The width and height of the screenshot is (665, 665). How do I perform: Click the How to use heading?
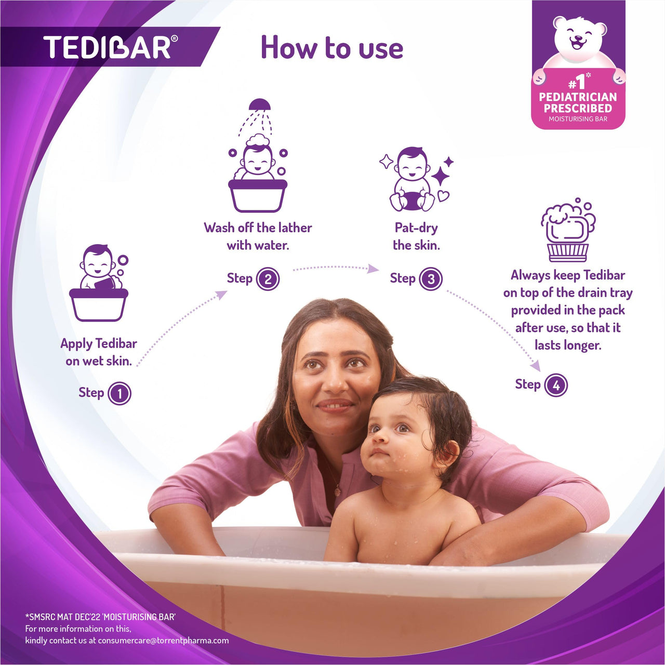[331, 48]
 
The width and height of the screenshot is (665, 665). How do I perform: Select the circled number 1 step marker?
[119, 393]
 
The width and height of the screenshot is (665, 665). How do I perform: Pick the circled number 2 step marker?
[268, 279]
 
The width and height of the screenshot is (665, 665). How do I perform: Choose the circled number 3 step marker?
[431, 279]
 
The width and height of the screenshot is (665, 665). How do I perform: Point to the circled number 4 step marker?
[556, 385]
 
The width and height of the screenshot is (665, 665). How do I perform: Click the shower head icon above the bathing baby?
[259, 105]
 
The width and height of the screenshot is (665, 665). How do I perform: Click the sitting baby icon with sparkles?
[412, 179]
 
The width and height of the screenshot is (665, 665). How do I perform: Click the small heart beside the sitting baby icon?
[443, 196]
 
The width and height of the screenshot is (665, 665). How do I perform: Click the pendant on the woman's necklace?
[337, 490]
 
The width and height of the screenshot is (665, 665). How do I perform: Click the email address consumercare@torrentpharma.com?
[163, 641]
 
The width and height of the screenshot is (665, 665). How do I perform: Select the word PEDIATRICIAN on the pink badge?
[578, 97]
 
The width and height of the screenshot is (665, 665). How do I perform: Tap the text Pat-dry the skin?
[416, 236]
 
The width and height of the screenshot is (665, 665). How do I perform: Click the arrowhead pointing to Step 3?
[373, 269]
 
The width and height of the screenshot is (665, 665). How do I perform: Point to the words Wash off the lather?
[258, 228]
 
